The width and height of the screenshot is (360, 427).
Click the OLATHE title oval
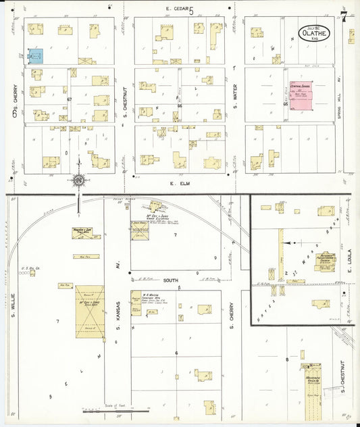click(x=315, y=32)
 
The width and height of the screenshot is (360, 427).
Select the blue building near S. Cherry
click(x=36, y=55)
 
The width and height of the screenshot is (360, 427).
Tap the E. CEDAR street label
click(x=177, y=9)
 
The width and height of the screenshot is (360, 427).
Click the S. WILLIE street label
click(x=13, y=302)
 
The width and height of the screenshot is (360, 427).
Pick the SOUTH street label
click(x=172, y=279)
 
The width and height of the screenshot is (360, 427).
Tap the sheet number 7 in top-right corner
click(x=344, y=15)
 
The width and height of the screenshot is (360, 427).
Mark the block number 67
click(x=70, y=100)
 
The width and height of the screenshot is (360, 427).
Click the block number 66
click(x=180, y=105)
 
